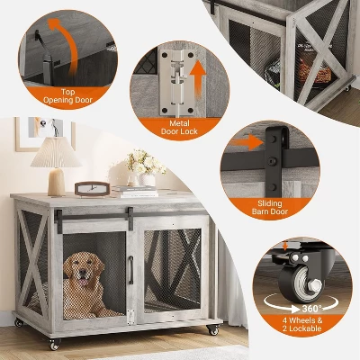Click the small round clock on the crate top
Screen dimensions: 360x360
[89, 188]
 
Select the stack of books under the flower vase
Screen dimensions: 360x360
[136, 191]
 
